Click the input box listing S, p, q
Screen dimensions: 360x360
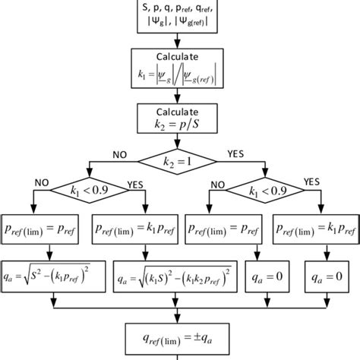[180, 16]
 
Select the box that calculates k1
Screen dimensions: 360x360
[180, 69]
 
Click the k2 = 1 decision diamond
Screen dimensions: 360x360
[180, 161]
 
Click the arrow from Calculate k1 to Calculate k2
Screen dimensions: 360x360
[180, 95]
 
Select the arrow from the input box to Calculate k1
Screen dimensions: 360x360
[180, 42]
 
